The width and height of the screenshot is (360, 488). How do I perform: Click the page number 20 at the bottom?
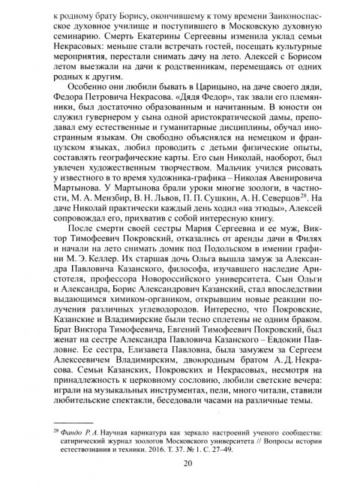[180, 462]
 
